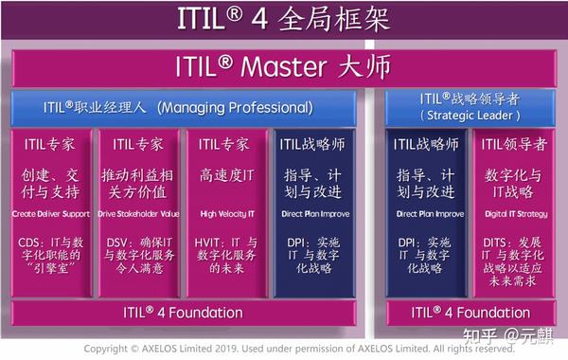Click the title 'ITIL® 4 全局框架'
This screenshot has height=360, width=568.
point(283,19)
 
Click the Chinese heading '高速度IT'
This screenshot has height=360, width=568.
point(224,176)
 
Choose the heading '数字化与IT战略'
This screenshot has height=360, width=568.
point(513,186)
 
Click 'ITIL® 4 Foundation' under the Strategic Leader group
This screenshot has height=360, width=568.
point(470,312)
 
